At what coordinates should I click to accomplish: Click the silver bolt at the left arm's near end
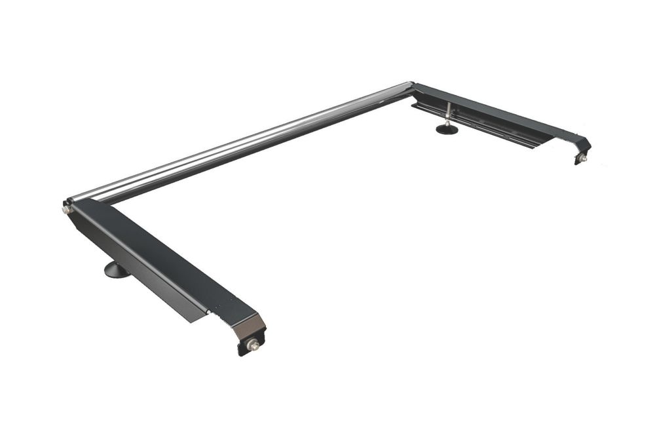[253, 345]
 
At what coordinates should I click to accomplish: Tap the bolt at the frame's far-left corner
[66, 210]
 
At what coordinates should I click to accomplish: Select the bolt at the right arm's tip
[582, 158]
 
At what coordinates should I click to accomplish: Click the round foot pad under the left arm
[117, 269]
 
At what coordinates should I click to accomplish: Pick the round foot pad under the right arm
[447, 129]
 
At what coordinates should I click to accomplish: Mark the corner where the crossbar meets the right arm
[411, 87]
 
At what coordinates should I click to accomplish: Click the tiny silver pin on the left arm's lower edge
[208, 313]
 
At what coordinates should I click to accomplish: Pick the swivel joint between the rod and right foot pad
[447, 122]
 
